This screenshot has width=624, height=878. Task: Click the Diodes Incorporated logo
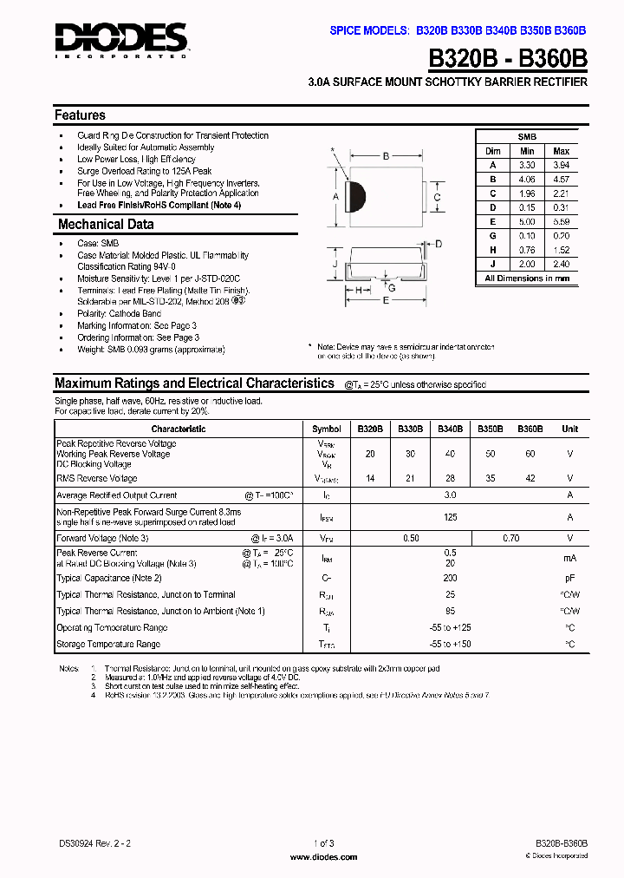120,40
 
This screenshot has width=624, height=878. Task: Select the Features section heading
80,115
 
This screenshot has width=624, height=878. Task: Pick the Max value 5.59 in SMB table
561,221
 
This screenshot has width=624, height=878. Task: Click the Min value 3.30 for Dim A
527,165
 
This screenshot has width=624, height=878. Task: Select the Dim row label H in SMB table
492,250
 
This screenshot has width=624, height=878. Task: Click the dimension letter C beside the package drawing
438,197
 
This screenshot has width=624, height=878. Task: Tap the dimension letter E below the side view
386,301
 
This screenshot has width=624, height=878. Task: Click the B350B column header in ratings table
491,429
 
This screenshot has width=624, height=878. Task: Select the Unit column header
569,429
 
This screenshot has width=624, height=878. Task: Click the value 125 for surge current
450,517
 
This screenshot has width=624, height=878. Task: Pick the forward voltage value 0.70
511,539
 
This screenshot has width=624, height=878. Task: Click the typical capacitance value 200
450,578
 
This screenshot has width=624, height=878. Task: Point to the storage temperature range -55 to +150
450,645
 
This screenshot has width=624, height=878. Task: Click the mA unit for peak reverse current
569,558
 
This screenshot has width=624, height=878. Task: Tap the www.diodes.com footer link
322,857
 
